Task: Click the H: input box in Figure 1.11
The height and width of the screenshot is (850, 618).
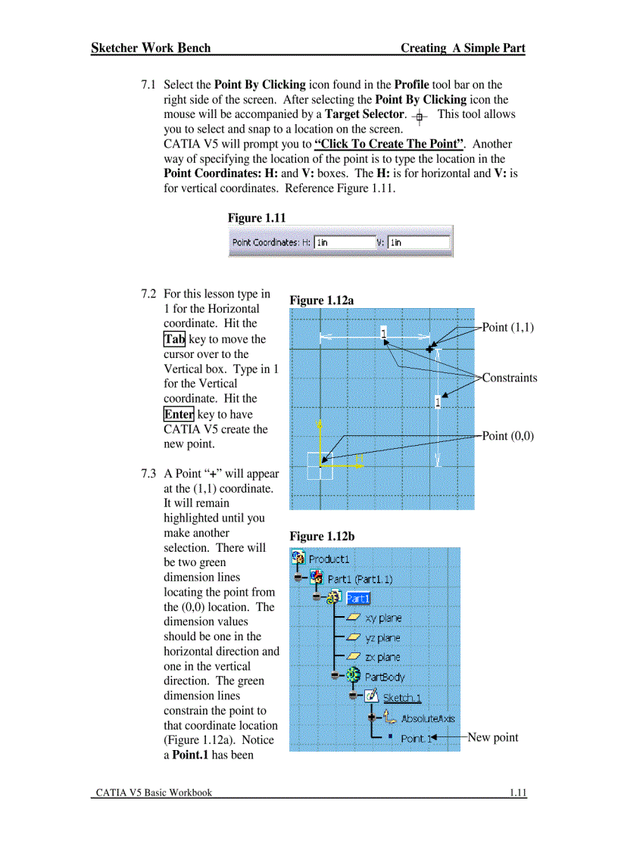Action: (342, 243)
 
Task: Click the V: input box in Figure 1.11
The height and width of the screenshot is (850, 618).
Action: (419, 243)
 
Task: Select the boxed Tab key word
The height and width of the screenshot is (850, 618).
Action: (174, 339)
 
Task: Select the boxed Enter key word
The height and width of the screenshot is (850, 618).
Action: (179, 414)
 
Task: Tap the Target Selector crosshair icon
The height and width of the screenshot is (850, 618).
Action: (420, 117)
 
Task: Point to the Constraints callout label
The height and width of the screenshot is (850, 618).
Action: (509, 378)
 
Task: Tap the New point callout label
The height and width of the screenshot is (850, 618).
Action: (492, 737)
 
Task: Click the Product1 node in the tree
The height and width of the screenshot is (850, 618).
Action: (329, 559)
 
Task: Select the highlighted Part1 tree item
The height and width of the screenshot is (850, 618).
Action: (357, 598)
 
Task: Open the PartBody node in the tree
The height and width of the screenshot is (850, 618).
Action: (385, 677)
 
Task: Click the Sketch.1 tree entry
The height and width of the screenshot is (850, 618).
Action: (402, 697)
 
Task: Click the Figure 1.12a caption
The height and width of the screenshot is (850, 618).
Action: (321, 300)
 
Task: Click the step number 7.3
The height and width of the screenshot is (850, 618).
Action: (148, 474)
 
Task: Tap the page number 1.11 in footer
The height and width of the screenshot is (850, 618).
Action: (517, 792)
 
